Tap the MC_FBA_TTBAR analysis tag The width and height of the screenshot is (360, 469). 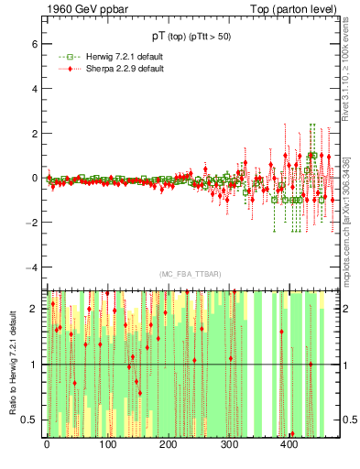tap(190, 275)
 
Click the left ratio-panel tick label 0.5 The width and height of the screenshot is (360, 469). tap(28, 420)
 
